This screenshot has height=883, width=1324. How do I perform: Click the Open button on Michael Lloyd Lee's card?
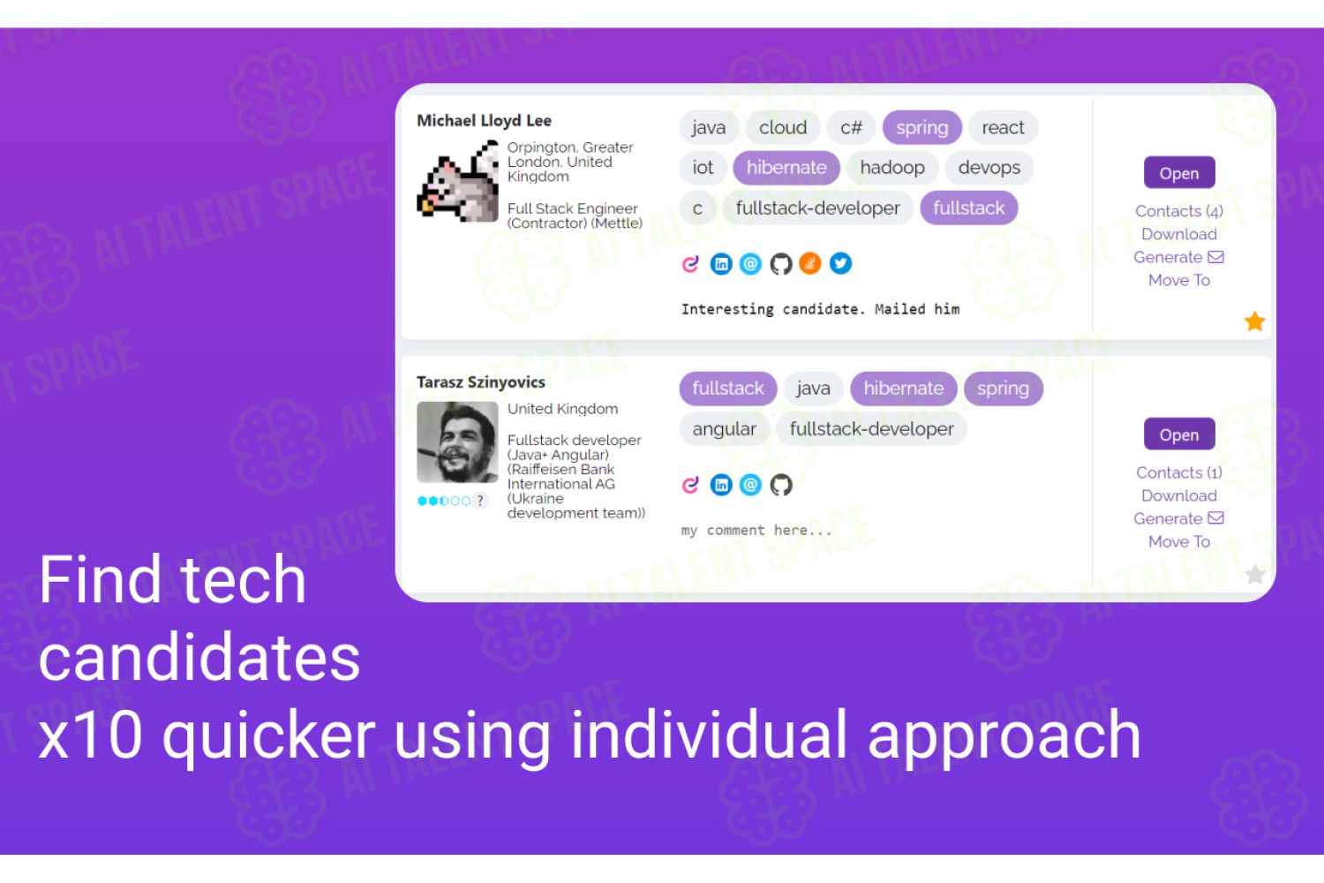[x=1179, y=173]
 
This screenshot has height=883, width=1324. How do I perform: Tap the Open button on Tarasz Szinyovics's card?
[x=1179, y=434]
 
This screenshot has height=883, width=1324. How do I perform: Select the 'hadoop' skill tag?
[x=891, y=168]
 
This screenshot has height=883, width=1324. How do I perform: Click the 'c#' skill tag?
[x=851, y=127]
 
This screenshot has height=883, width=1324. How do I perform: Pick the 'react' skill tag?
[x=1003, y=127]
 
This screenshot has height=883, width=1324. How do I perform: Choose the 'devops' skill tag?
[x=989, y=168]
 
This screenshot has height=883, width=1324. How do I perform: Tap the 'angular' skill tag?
[x=724, y=429]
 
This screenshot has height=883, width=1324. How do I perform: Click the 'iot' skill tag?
[x=703, y=168]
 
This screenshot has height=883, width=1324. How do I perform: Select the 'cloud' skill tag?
[x=783, y=127]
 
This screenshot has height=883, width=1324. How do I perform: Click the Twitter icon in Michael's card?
[x=840, y=263]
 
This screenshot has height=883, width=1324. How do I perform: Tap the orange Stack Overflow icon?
[x=809, y=263]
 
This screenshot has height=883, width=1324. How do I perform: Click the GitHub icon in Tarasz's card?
[x=780, y=485]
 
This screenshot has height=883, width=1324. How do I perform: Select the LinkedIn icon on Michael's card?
[x=720, y=263]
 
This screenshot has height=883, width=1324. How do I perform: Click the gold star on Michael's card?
[x=1254, y=321]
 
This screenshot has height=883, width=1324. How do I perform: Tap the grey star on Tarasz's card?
[x=1254, y=574]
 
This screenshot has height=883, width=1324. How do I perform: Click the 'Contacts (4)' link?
[x=1178, y=211]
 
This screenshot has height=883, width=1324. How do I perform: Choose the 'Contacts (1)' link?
[x=1178, y=472]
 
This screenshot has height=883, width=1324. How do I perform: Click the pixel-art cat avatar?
[x=457, y=181]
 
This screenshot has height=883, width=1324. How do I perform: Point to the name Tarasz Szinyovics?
[x=480, y=382]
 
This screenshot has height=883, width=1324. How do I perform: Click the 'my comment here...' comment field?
[x=756, y=530]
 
